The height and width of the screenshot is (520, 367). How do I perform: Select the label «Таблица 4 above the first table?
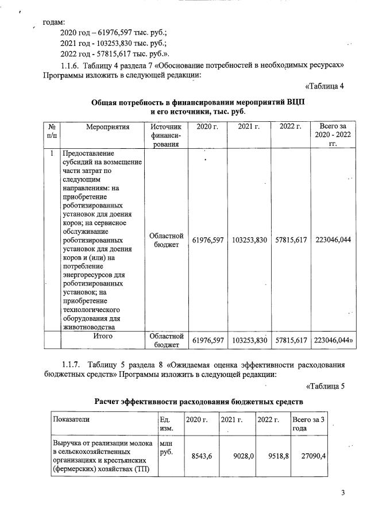point(324,86)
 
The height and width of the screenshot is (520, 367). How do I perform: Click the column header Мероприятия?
point(105,126)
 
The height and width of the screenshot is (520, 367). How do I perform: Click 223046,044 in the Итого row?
point(333,341)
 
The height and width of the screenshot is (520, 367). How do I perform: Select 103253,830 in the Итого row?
point(250,341)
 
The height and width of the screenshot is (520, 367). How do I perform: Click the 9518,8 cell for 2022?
point(273,456)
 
